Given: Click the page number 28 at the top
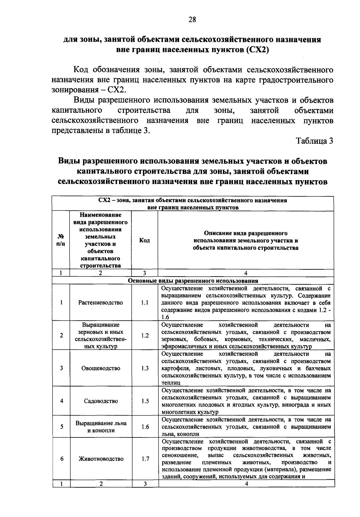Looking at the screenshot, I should (x=192, y=20).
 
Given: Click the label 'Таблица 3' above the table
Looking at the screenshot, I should (x=315, y=141).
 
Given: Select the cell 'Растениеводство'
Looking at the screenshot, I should (x=100, y=303).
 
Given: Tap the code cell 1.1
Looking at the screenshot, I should (x=145, y=303).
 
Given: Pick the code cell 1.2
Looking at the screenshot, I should (x=145, y=336).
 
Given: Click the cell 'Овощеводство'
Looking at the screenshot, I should (x=100, y=368).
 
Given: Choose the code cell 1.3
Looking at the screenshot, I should (x=145, y=368).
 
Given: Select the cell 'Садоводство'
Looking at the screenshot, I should (x=100, y=401).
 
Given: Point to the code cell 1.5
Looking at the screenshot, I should (x=145, y=401).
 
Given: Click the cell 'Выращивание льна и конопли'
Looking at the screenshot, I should (x=101, y=427).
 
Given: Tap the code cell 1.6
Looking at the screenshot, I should (x=145, y=427).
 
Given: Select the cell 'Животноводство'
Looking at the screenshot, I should (x=101, y=459).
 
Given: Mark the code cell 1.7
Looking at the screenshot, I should (x=145, y=459).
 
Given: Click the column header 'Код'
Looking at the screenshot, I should (x=145, y=240).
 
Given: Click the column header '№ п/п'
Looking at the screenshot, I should (x=61, y=240).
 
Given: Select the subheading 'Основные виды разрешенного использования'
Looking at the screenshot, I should (x=193, y=281).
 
